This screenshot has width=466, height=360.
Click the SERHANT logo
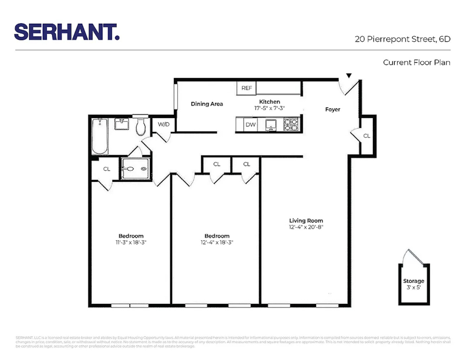click(x=67, y=32)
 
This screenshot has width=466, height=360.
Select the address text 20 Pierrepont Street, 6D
click(x=402, y=39)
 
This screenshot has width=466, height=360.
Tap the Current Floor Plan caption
click(x=416, y=62)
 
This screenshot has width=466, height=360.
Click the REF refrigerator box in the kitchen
click(x=246, y=88)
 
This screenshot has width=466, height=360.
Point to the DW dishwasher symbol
click(x=250, y=125)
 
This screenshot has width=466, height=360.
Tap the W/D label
click(x=164, y=124)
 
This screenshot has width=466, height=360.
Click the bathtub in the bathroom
click(x=100, y=136)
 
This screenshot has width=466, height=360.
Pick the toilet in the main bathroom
click(x=141, y=126)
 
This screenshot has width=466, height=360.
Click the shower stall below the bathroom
click(x=135, y=168)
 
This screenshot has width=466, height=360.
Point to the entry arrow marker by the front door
click(x=349, y=76)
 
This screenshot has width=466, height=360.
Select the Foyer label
click(x=332, y=109)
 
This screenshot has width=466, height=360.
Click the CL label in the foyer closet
click(x=366, y=136)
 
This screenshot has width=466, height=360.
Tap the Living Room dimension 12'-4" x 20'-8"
click(x=306, y=227)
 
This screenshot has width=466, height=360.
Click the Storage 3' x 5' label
click(x=413, y=284)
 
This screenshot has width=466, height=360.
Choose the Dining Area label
click(x=207, y=104)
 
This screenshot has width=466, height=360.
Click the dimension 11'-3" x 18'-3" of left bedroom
click(x=131, y=243)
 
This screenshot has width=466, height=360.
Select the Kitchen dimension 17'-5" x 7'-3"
click(x=270, y=108)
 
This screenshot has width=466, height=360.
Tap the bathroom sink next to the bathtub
click(x=122, y=124)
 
